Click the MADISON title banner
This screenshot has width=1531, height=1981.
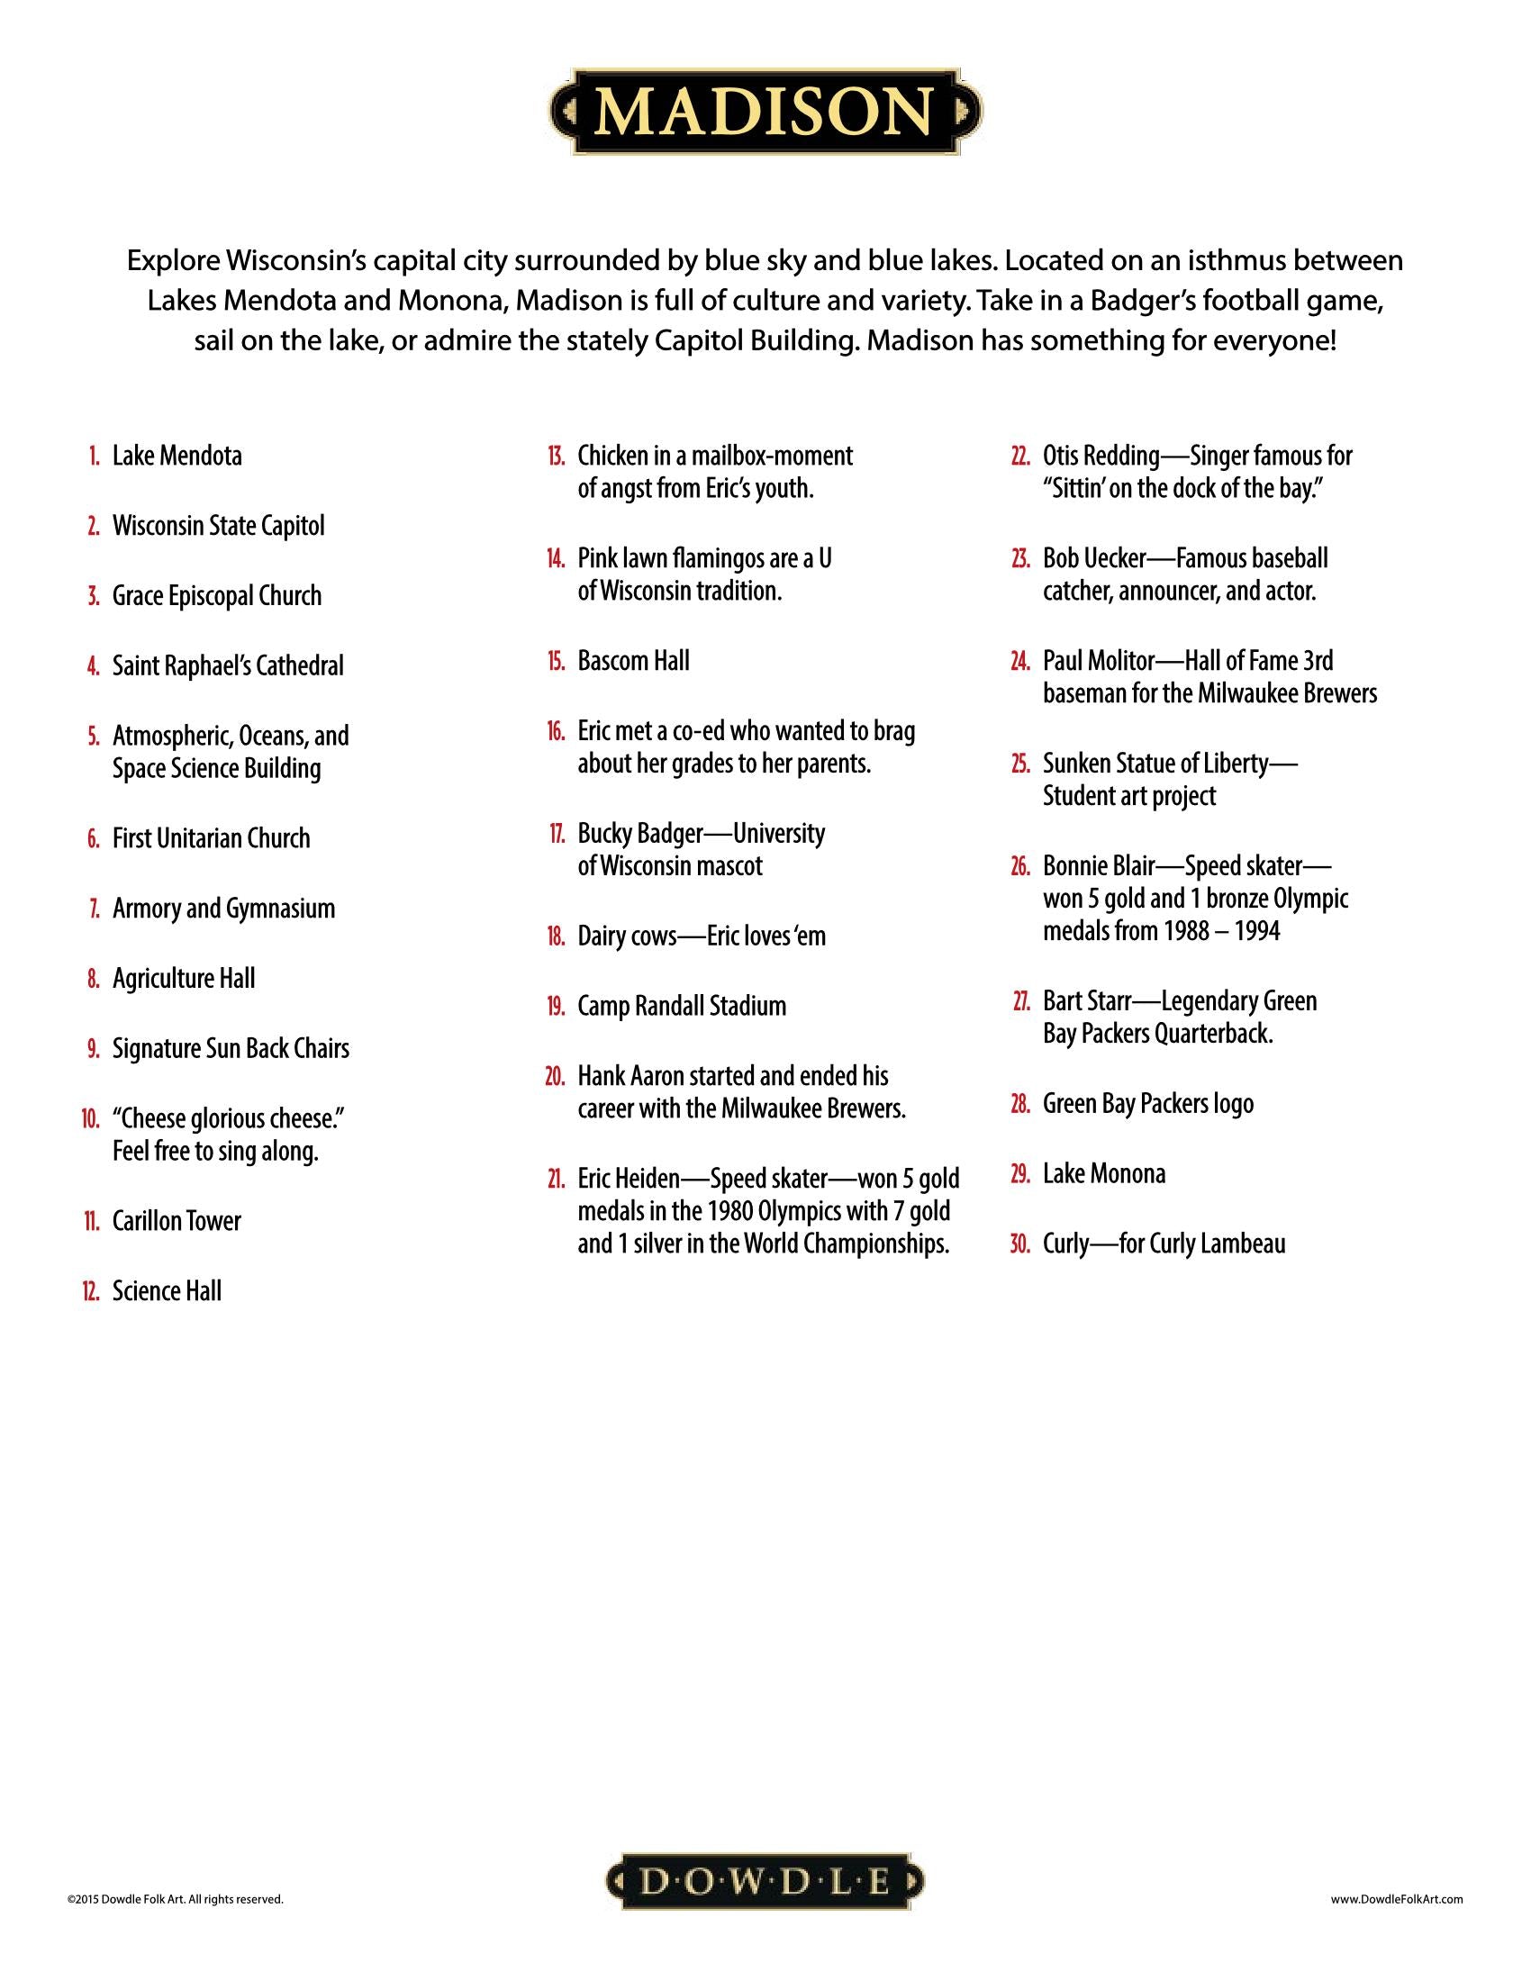tap(765, 111)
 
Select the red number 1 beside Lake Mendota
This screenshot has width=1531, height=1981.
tap(95, 457)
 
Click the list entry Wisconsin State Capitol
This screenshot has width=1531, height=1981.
tap(218, 526)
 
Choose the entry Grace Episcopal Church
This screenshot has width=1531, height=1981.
tap(217, 596)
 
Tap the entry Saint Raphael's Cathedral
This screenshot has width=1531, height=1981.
tap(228, 665)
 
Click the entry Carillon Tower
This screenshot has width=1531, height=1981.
tap(176, 1221)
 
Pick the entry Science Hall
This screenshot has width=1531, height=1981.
tap(166, 1290)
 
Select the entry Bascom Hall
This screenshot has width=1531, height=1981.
tap(633, 661)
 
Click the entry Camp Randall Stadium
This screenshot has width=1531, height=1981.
tap(681, 1006)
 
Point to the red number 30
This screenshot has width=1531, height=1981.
tap(1020, 1244)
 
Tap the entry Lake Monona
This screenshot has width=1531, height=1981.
tap(1104, 1173)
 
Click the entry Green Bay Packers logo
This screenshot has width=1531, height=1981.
tap(1148, 1104)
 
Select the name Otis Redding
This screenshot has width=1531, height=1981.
tap(1101, 456)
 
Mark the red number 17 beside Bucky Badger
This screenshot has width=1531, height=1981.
tap(557, 834)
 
